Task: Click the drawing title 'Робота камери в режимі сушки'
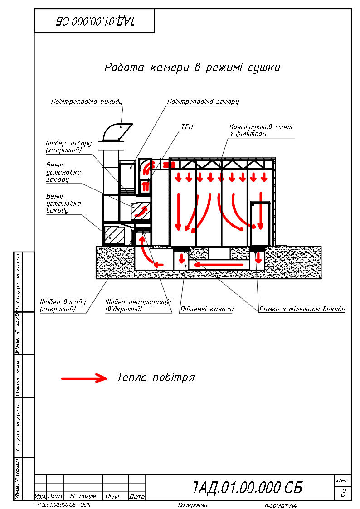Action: pos(192,68)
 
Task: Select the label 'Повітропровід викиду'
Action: pos(87,102)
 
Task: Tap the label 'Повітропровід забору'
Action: pos(203,102)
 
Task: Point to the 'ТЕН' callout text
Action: pos(187,127)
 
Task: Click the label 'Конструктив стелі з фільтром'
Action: pos(261,131)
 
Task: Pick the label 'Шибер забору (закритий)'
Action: pos(68,146)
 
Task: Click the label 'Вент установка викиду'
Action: pos(63,204)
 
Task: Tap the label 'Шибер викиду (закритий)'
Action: pos(63,305)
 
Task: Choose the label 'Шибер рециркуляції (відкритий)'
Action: pos(138,305)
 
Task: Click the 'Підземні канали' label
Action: pos(207,310)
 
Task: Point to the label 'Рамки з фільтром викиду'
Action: pos(302,310)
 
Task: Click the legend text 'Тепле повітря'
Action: pos(156,378)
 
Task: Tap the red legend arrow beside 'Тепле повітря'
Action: pos(84,378)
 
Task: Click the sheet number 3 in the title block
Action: pos(343,492)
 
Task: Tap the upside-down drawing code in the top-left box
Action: pos(95,21)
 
